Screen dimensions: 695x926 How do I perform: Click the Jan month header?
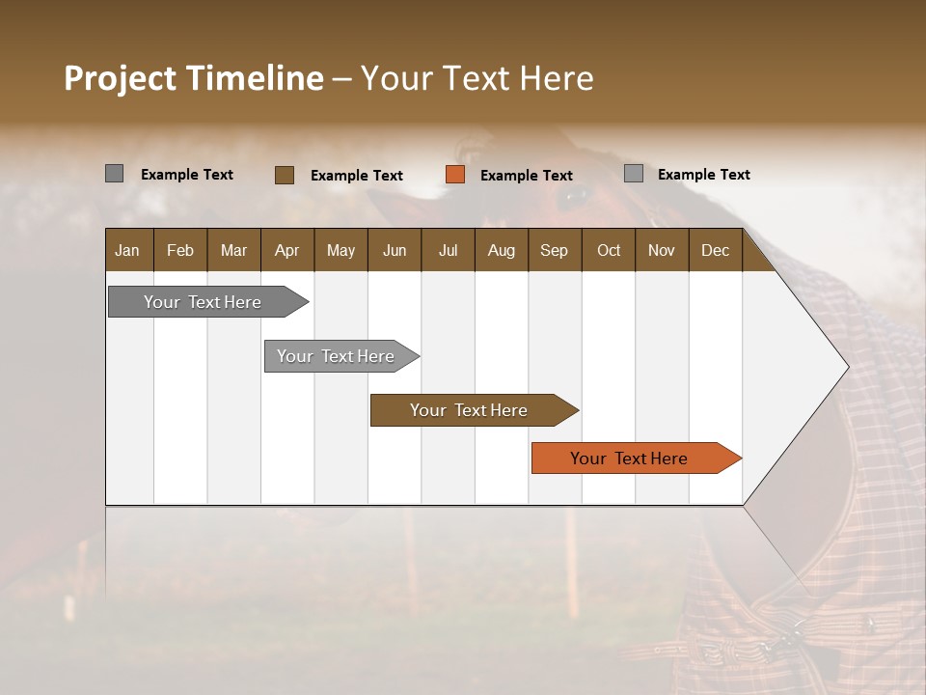click(127, 250)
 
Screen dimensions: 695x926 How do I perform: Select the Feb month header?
click(180, 250)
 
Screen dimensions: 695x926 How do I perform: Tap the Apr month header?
click(286, 250)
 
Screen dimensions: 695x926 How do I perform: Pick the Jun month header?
click(394, 250)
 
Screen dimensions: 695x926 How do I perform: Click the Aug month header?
click(501, 250)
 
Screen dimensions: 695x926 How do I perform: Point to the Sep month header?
click(554, 250)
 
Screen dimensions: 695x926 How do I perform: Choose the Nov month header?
click(661, 250)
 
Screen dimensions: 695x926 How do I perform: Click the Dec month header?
click(715, 250)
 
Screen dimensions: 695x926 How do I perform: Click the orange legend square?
click(455, 175)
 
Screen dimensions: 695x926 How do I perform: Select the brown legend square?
click(285, 175)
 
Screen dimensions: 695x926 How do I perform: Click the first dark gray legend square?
click(115, 174)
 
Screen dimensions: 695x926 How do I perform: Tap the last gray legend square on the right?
click(634, 174)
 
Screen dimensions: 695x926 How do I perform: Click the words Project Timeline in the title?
click(193, 78)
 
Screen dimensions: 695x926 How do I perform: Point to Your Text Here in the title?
click(477, 78)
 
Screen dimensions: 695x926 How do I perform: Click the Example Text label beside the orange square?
click(527, 176)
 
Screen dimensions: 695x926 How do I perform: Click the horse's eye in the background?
click(576, 197)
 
